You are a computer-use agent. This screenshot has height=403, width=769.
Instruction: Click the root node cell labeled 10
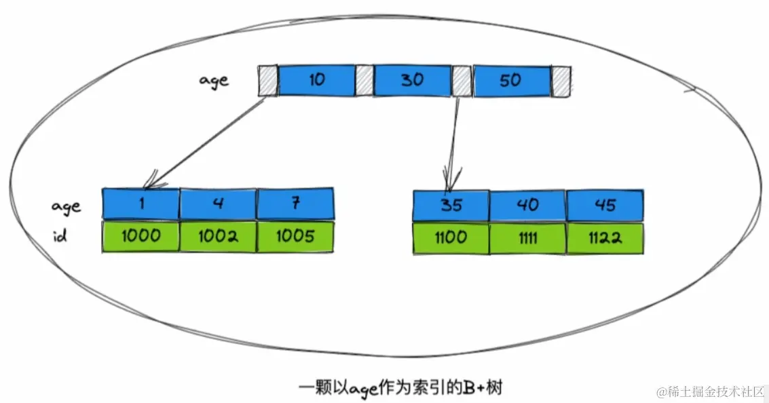(316, 81)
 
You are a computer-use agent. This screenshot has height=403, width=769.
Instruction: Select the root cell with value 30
(412, 81)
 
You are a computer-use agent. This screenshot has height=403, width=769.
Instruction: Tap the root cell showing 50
(510, 81)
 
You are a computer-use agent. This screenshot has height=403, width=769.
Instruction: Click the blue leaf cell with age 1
(141, 204)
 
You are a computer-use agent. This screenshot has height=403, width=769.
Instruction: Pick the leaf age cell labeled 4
(218, 204)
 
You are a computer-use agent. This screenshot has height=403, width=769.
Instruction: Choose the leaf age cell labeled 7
(295, 204)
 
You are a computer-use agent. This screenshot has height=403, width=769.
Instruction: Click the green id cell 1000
(141, 237)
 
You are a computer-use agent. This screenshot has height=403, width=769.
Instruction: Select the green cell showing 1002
(218, 237)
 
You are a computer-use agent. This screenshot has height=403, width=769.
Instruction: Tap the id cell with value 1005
(295, 237)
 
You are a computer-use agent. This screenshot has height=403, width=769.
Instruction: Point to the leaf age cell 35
(451, 204)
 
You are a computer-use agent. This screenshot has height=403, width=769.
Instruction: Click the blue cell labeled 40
(527, 204)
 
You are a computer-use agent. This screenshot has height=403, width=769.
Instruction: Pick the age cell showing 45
(605, 204)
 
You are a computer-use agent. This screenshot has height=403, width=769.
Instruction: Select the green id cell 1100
(451, 237)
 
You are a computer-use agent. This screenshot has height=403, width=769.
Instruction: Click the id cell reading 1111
(527, 237)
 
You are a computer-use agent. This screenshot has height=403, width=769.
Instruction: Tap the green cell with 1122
(605, 237)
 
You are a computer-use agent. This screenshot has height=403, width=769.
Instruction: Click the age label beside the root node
(214, 81)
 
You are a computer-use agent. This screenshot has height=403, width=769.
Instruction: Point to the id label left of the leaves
(60, 238)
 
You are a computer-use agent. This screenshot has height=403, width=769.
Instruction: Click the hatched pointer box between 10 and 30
(364, 80)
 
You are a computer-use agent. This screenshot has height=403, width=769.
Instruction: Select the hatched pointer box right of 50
(561, 81)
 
